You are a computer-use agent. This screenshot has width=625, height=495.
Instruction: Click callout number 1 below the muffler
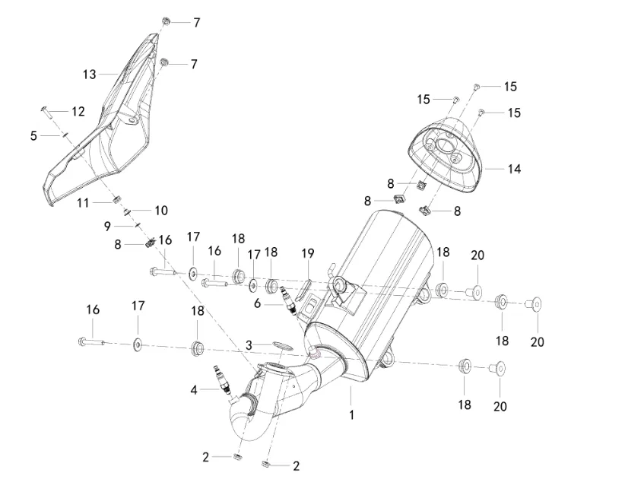(x=351, y=415)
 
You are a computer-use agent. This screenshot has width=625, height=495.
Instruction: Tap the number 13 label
(x=90, y=74)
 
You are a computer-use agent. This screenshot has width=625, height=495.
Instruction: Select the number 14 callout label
(x=515, y=169)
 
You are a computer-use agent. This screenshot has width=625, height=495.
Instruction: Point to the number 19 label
(x=307, y=252)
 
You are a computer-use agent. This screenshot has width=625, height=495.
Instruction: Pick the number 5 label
(x=33, y=135)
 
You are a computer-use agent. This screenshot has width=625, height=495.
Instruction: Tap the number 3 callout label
(x=249, y=345)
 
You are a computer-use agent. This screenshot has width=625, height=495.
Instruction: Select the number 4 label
(x=194, y=390)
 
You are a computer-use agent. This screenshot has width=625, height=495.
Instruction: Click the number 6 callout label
(x=258, y=303)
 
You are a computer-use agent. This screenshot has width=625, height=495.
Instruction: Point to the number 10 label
(x=161, y=210)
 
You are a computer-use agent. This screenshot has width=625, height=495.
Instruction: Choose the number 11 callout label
(x=83, y=203)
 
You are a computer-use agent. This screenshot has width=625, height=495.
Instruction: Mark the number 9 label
(x=108, y=226)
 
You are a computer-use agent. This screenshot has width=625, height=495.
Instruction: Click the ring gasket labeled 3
(x=281, y=347)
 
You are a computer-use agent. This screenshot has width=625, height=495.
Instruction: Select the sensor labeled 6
(x=287, y=300)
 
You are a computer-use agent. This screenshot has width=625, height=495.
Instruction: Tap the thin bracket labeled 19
(x=302, y=287)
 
